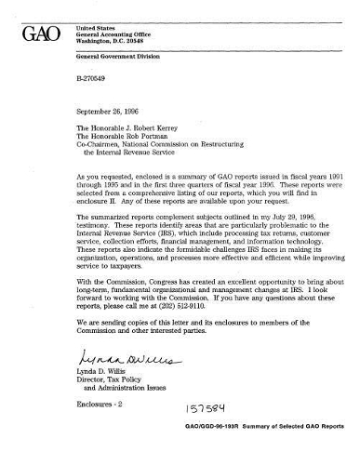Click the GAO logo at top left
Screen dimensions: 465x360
pos(40,36)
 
